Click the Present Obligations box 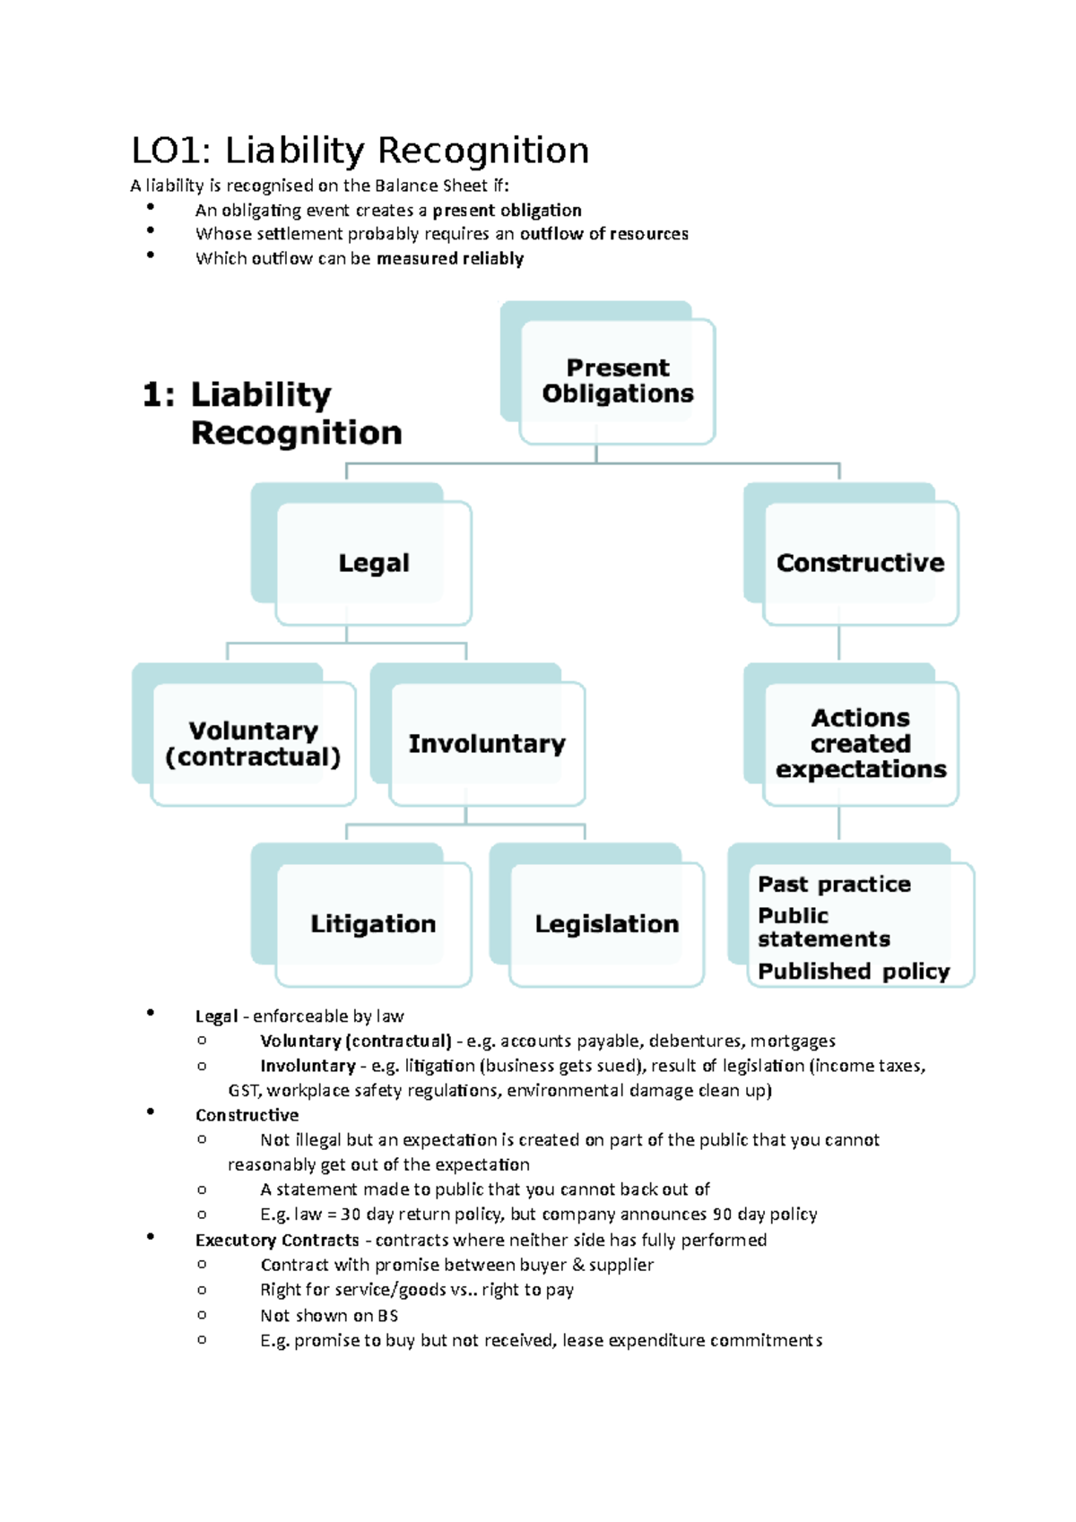618,381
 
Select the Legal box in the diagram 374,563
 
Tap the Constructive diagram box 860,563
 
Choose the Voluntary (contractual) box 253,744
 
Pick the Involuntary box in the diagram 487,744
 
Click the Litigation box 373,924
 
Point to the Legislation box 606,924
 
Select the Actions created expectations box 860,744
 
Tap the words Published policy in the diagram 854,972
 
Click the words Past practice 834,885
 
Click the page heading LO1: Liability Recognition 360,151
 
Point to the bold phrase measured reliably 450,259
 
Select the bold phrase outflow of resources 603,234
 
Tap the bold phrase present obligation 507,211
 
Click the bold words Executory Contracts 277,1241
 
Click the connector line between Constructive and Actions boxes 839,644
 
